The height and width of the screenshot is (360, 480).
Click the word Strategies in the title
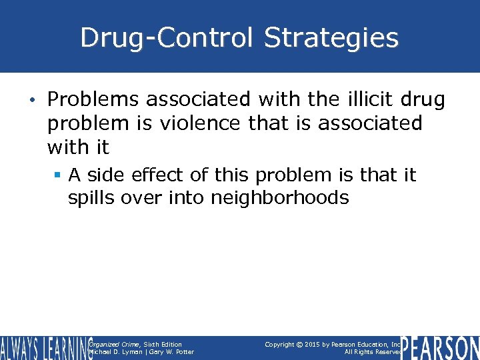pos(331,38)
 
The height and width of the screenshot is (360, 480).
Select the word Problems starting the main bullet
pos(93,100)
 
